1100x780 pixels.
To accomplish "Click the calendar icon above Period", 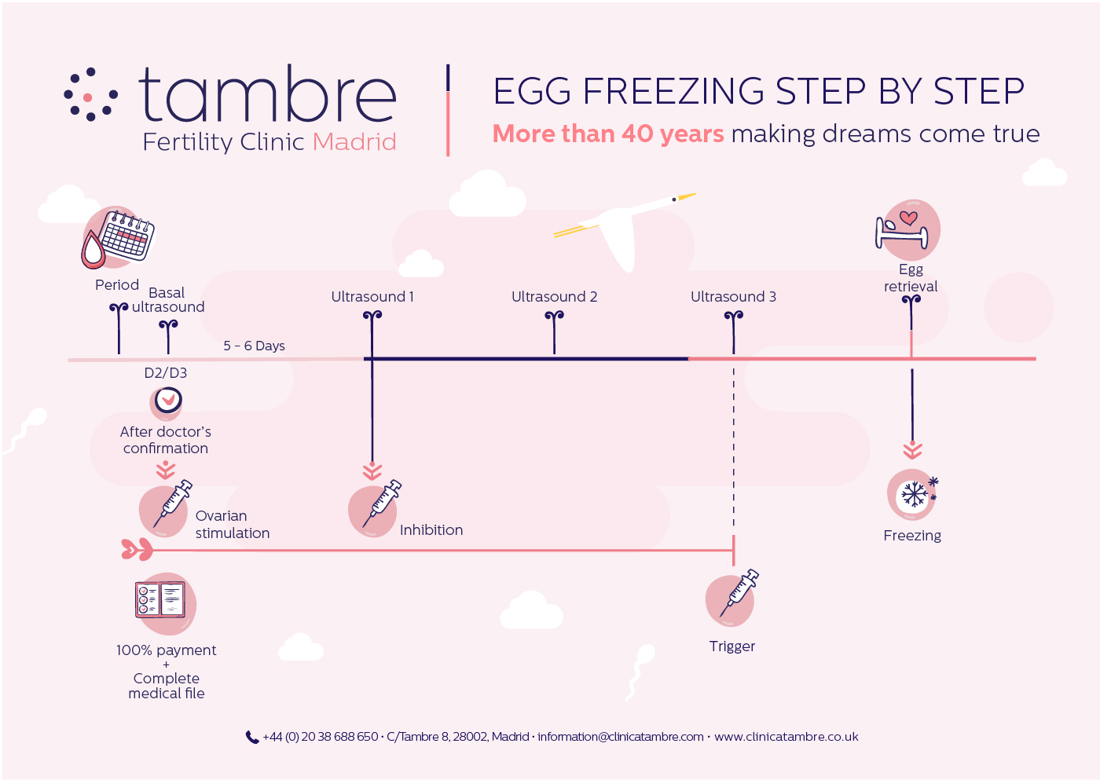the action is coord(126,236).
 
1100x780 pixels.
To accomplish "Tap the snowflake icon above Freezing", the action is coord(915,494).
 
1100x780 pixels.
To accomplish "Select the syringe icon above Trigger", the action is coord(739,593).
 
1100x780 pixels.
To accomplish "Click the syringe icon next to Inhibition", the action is coord(382,504).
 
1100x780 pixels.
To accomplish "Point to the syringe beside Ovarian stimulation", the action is coord(173,504).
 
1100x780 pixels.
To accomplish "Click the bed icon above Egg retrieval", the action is coord(902,231).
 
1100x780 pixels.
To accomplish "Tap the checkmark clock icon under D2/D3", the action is coord(168,400).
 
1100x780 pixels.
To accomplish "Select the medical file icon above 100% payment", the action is coord(160,599).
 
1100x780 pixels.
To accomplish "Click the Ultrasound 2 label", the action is coord(555,296).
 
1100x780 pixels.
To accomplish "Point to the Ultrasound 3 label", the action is coord(733,296).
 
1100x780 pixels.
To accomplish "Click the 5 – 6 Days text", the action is coord(254,346).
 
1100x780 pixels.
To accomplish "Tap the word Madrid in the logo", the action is coord(354,142).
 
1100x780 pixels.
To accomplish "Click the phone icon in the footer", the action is coord(252,738).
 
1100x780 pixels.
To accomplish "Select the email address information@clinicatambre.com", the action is coord(620,737).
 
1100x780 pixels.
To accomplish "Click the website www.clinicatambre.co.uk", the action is coord(786,737).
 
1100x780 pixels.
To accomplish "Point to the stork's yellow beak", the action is coord(687,196).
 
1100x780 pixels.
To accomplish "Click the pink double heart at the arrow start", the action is coord(137,549).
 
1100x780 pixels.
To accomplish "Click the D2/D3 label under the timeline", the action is coord(166,373).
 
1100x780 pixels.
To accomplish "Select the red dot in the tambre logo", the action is coord(88,97).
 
